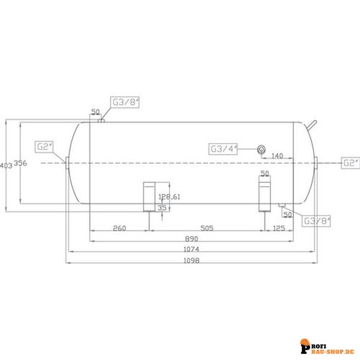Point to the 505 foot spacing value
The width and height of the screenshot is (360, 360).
click(206, 229)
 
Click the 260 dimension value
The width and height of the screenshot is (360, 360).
click(119, 229)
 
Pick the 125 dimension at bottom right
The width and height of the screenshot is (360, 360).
click(278, 229)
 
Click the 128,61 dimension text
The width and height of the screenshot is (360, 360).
click(169, 197)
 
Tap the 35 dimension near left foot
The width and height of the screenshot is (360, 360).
click(161, 207)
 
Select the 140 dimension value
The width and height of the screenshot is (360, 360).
click(277, 156)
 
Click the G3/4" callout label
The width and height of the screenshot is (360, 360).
click(223, 149)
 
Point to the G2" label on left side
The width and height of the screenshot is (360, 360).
click(45, 146)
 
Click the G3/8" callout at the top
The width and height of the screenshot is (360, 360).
click(125, 102)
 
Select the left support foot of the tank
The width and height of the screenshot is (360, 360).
click(148, 196)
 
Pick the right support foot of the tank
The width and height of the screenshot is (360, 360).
click(265, 196)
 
